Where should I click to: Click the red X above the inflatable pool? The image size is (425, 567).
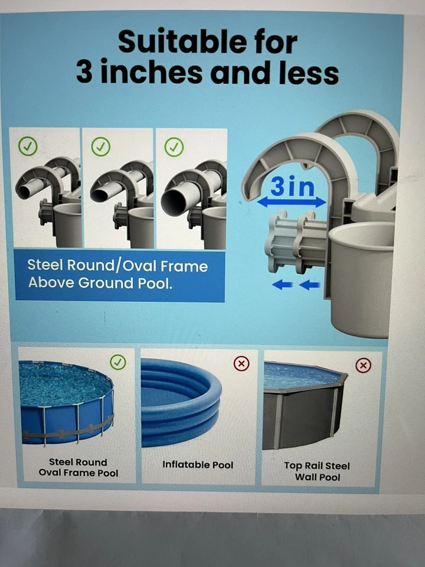[x=241, y=364]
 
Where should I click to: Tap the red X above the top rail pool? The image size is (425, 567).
[x=364, y=366]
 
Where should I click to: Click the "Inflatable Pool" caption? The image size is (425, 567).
[x=198, y=465]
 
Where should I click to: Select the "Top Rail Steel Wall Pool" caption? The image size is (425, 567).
[x=316, y=471]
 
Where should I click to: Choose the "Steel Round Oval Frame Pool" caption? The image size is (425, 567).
[x=79, y=467]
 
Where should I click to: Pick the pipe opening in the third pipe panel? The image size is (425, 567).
[x=173, y=203]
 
